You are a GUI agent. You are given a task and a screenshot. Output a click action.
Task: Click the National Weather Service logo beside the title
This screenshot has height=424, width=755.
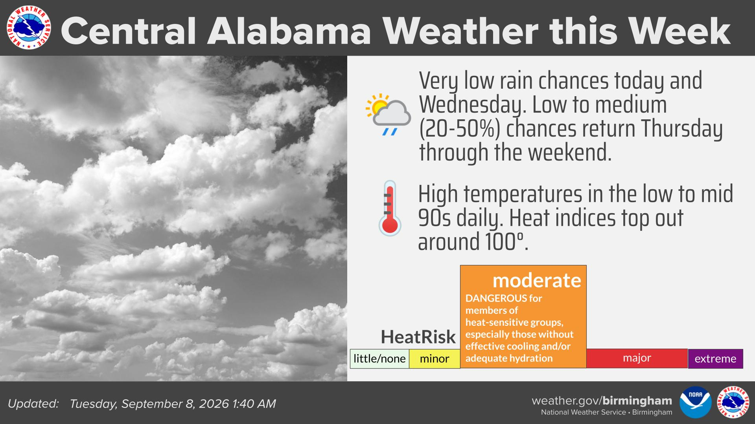tap(29, 28)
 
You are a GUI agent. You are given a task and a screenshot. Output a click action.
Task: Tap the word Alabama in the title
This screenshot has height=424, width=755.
tap(289, 31)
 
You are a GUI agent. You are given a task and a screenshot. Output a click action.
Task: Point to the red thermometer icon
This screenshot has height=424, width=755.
tap(390, 208)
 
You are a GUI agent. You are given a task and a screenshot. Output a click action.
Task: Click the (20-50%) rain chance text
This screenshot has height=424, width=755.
tap(459, 129)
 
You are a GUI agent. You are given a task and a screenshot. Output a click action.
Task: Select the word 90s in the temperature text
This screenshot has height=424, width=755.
tap(434, 218)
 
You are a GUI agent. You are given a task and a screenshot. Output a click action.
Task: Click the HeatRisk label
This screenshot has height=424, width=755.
tap(418, 337)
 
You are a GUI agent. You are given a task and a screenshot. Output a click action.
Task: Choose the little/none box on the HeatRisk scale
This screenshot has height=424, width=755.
tap(379, 358)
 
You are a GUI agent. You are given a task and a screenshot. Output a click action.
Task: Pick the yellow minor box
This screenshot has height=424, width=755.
tap(435, 358)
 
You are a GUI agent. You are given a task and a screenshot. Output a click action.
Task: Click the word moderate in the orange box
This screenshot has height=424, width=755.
tap(537, 280)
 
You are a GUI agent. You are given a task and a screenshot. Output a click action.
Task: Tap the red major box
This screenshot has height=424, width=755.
tap(637, 358)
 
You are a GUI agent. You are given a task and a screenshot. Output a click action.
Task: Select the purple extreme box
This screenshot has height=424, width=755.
tap(715, 358)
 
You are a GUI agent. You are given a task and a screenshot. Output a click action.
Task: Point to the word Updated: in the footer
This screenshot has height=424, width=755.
tap(33, 404)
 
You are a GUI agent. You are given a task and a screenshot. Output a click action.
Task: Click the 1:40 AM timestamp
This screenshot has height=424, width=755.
tap(254, 404)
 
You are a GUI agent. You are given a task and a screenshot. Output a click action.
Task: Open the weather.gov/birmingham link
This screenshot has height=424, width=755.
tap(602, 401)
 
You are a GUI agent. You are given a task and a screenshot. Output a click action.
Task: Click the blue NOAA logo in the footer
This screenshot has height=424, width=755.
tap(696, 402)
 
